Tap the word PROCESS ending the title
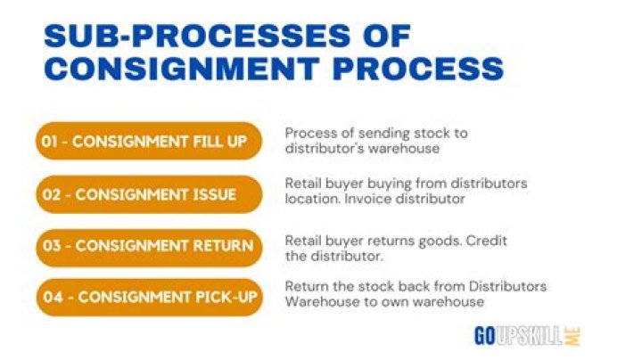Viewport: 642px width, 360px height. [418, 68]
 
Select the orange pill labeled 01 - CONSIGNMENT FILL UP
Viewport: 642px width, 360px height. [149, 141]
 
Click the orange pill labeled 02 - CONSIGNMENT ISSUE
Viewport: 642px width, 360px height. [149, 194]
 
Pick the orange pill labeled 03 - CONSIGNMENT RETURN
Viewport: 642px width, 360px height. [149, 248]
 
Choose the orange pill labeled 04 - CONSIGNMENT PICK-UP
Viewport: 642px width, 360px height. [150, 297]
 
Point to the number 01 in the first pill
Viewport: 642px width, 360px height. [50, 142]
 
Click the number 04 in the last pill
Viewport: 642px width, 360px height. [53, 298]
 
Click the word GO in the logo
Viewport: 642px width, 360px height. [485, 336]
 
